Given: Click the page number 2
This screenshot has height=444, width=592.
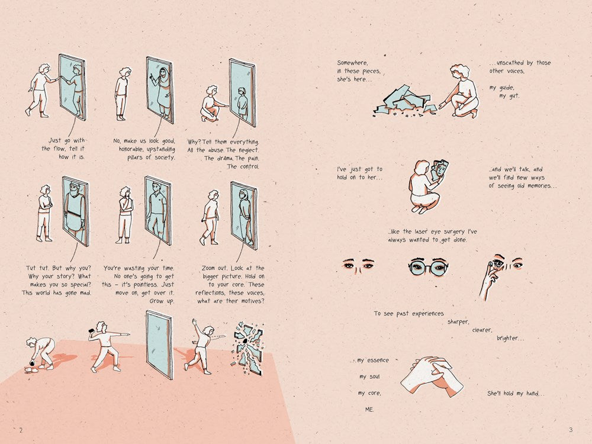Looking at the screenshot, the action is [x=21, y=430].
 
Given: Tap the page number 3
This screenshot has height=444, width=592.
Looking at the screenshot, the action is [x=571, y=430].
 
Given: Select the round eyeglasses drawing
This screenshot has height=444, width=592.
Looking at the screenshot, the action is [x=428, y=266].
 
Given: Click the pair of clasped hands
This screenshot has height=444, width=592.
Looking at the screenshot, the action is [x=432, y=376].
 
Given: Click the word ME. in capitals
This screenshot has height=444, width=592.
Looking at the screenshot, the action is [x=369, y=409].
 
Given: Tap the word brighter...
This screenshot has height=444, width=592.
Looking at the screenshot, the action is [x=510, y=338].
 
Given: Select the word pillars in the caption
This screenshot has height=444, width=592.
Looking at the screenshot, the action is [x=135, y=157].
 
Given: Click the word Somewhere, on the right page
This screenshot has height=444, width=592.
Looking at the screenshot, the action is [x=352, y=63].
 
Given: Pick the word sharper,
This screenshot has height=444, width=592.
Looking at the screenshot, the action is [x=459, y=321].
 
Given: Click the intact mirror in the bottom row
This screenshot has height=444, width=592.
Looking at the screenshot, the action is [x=159, y=345].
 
